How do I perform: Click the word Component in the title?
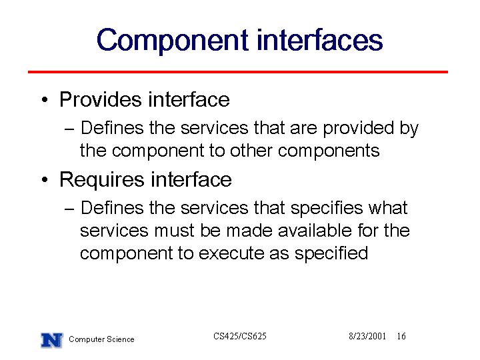pyautogui.click(x=172, y=41)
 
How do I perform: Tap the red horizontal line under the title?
pyautogui.click(x=238, y=72)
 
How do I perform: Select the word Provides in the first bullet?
pyautogui.click(x=101, y=99)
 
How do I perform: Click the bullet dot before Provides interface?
pyautogui.click(x=45, y=99)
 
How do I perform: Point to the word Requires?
pyautogui.click(x=101, y=180)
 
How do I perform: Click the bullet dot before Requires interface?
pyautogui.click(x=45, y=179)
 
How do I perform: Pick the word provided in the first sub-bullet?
pyautogui.click(x=359, y=129)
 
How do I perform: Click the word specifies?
pyautogui.click(x=327, y=209)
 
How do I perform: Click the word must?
pyautogui.click(x=174, y=231)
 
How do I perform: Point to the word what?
pyautogui.click(x=388, y=207)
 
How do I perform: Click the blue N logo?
pyautogui.click(x=52, y=340)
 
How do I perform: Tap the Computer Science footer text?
pyautogui.click(x=101, y=339)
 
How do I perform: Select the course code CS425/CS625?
pyautogui.click(x=240, y=336)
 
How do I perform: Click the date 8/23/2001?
pyautogui.click(x=367, y=336)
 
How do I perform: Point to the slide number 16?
pyautogui.click(x=401, y=336)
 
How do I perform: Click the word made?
pyautogui.click(x=249, y=230)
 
